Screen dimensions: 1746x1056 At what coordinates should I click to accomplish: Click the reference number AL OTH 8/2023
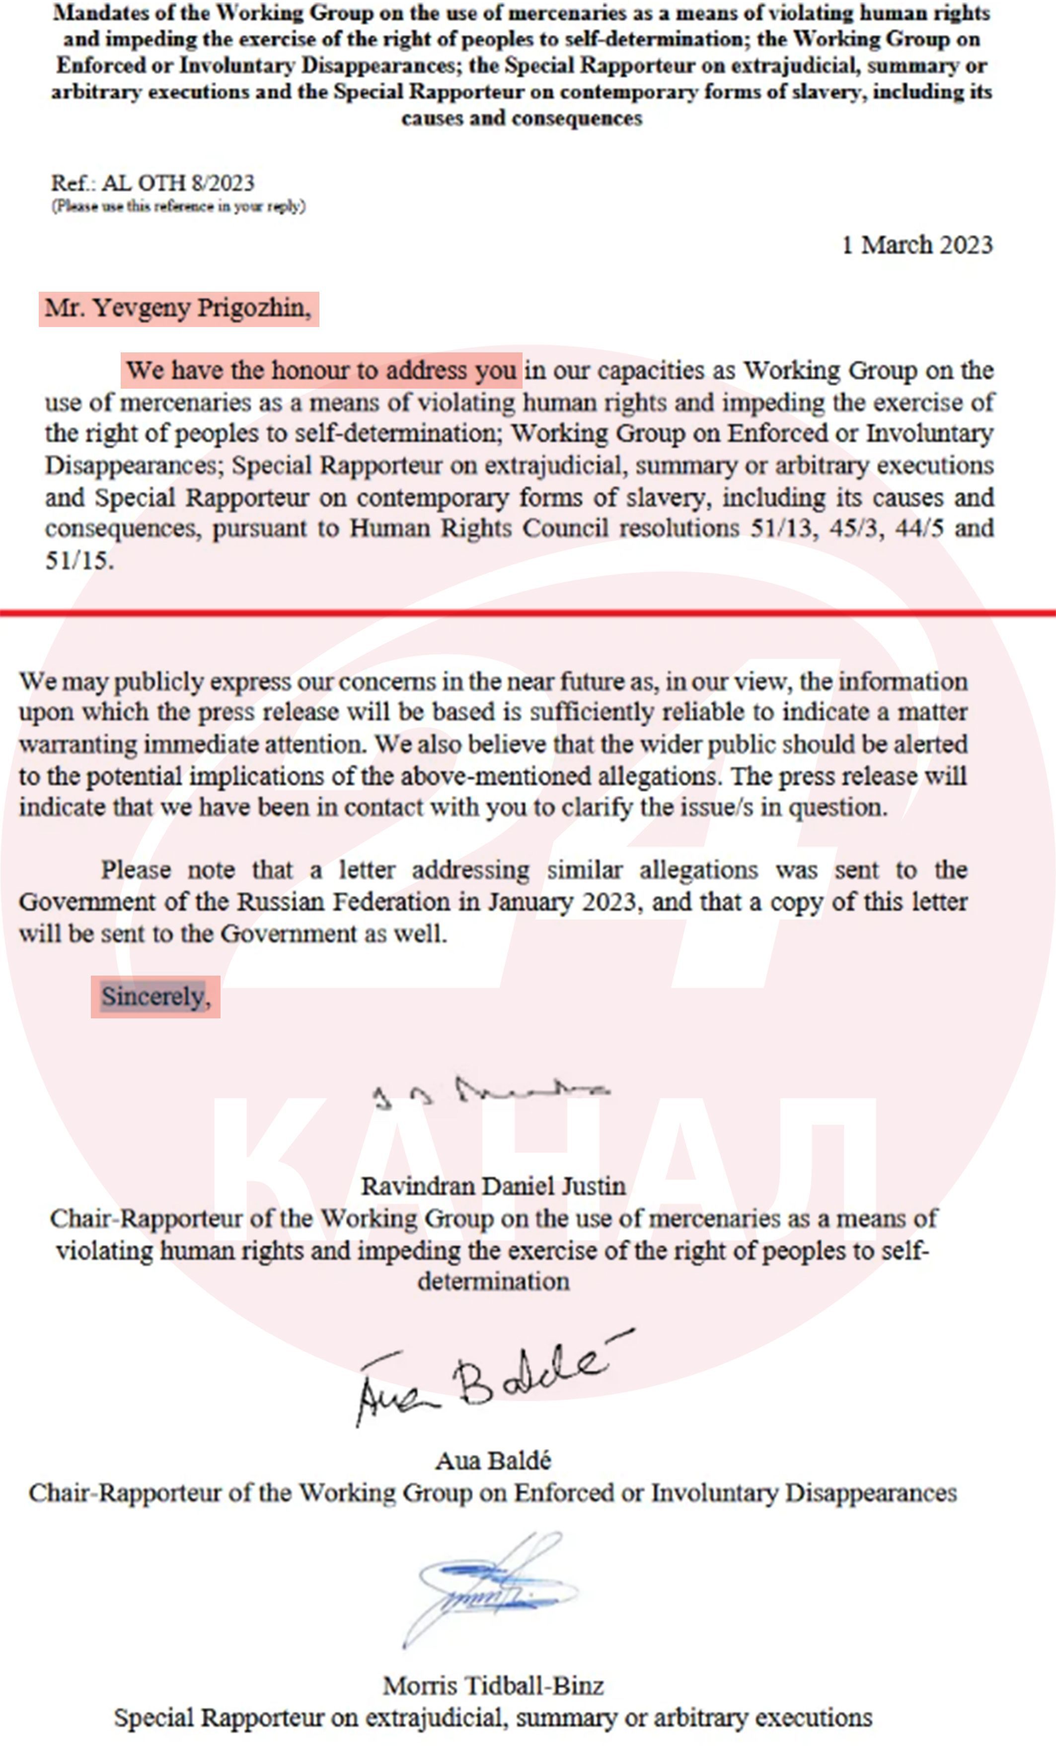(x=177, y=183)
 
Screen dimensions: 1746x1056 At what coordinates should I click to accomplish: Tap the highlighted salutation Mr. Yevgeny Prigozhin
(x=178, y=308)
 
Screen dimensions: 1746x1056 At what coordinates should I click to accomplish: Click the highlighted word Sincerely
(x=155, y=997)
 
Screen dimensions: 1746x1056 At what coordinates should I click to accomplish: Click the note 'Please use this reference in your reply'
(x=178, y=206)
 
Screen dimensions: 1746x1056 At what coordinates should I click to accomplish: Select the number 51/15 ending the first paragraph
(x=78, y=561)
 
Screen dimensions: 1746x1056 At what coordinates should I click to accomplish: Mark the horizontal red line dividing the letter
(x=528, y=612)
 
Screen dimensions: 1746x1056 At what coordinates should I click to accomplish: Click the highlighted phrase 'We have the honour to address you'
(x=321, y=371)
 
